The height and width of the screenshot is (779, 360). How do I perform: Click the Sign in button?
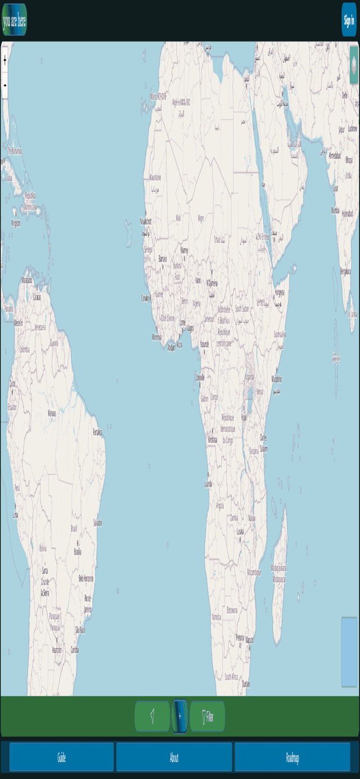click(x=349, y=20)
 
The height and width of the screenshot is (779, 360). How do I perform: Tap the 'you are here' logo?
click(x=14, y=20)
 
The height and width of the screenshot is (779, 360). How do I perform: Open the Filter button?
click(x=208, y=717)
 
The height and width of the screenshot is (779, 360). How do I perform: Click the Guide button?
click(x=61, y=758)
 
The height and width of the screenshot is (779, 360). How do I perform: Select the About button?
click(x=174, y=758)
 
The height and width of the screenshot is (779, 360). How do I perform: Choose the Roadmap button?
click(x=292, y=758)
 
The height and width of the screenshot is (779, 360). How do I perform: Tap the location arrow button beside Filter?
click(x=152, y=717)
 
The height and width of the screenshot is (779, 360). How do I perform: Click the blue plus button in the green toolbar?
click(x=179, y=717)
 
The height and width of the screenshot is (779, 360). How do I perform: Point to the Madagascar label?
click(x=279, y=568)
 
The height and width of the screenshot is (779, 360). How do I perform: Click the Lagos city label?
click(x=190, y=327)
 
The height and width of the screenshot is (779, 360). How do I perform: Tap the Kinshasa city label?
click(x=212, y=439)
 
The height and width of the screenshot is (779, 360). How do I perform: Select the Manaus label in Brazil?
click(x=52, y=413)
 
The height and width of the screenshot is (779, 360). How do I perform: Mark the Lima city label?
click(x=15, y=515)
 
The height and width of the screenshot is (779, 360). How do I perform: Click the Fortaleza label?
click(x=98, y=432)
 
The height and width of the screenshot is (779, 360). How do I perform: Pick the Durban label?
click(x=245, y=684)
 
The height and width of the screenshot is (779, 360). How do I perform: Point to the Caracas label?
click(x=37, y=296)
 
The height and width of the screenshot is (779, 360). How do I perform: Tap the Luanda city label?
click(x=208, y=483)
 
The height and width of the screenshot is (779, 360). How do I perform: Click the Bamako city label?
click(x=163, y=259)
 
